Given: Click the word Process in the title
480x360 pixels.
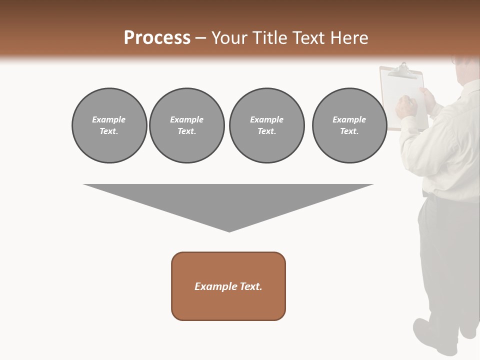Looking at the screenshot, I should coord(157,38).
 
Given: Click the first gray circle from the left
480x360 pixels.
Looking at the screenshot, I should coord(109,125).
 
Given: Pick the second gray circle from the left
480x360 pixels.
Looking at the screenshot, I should coord(187,125).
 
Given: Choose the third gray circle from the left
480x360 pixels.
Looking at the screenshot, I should coord(266,125).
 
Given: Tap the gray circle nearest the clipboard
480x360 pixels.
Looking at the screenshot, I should coord(349,125).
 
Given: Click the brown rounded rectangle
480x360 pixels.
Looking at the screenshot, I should coord(228,286).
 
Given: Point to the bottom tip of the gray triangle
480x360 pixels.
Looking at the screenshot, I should coord(229,230).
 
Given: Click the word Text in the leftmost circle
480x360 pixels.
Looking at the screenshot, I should coord(108,131).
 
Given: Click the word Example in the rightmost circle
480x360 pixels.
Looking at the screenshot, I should coord(349,119).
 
